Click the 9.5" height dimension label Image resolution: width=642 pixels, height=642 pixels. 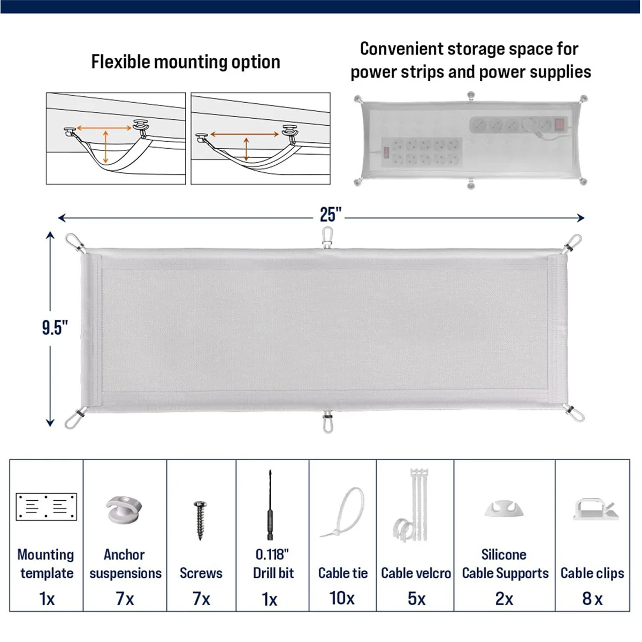(55, 327)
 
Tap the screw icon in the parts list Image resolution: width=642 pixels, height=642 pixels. (201, 519)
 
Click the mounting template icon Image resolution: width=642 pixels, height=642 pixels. (47, 507)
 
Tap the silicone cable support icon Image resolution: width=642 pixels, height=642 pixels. (505, 509)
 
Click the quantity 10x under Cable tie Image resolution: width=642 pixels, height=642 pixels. (342, 598)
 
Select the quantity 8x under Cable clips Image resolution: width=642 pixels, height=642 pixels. (592, 599)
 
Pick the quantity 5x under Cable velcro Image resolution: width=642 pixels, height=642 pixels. (416, 598)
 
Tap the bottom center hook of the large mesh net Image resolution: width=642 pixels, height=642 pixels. (327, 422)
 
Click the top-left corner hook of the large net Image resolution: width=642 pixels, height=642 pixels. (75, 243)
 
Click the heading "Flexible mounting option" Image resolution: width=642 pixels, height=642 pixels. (186, 62)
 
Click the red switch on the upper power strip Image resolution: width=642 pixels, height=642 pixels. (560, 125)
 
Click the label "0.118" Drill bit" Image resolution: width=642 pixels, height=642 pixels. (273, 563)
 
